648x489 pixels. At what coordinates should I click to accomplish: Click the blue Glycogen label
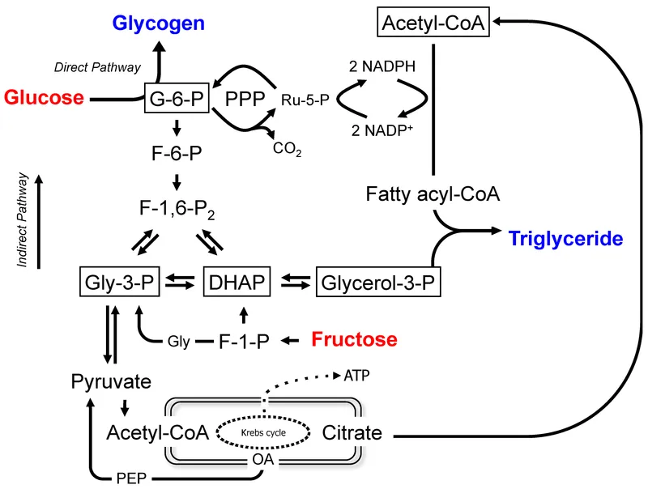158,23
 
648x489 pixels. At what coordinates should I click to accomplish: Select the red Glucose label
45,98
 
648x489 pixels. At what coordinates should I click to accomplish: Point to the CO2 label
288,148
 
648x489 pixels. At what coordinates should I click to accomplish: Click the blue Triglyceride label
566,239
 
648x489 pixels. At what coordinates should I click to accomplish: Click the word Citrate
352,432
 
